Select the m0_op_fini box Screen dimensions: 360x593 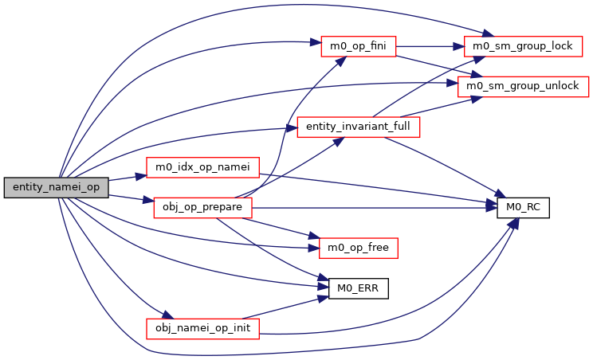pyautogui.click(x=358, y=46)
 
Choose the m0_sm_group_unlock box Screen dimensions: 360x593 pyautogui.click(x=522, y=84)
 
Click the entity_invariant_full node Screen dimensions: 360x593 pyautogui.click(x=358, y=127)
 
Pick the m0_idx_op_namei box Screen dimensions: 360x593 pyautogui.click(x=203, y=167)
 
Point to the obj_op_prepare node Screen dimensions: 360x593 pyautogui.click(x=202, y=209)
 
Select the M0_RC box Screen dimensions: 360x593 pyautogui.click(x=523, y=209)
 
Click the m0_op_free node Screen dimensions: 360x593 pyautogui.click(x=358, y=248)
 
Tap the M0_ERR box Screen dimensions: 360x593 pyautogui.click(x=358, y=288)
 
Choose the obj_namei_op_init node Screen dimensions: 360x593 pyautogui.click(x=202, y=328)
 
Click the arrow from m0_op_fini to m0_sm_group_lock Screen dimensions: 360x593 pyautogui.click(x=430, y=46)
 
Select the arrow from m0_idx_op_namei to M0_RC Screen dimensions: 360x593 pyautogui.click(x=383, y=189)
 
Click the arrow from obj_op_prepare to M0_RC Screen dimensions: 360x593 pyautogui.click(x=375, y=209)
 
